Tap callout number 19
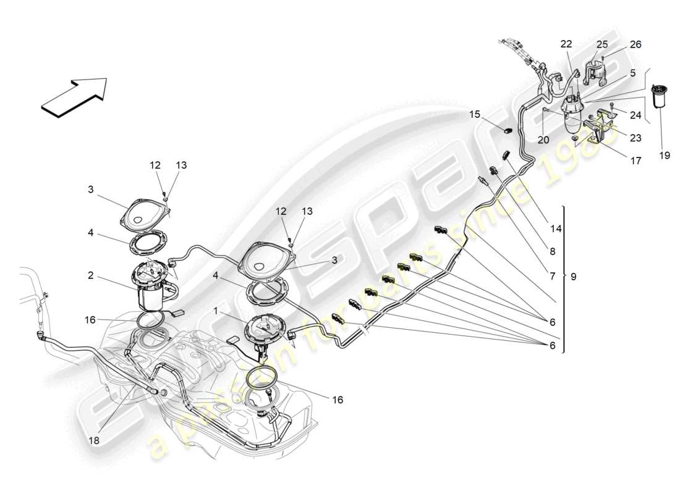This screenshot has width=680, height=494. (x=664, y=156)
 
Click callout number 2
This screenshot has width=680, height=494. (x=91, y=275)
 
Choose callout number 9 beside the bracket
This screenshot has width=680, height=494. (x=573, y=277)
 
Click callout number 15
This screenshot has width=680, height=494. (x=474, y=114)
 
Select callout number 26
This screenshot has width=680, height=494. (x=635, y=44)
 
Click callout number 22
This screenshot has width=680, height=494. (x=566, y=44)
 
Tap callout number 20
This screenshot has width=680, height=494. (x=543, y=140)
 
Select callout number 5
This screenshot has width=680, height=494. (x=632, y=72)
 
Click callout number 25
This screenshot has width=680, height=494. (x=601, y=44)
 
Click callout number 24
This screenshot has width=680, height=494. (x=635, y=115)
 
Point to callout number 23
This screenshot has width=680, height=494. (x=635, y=139)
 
